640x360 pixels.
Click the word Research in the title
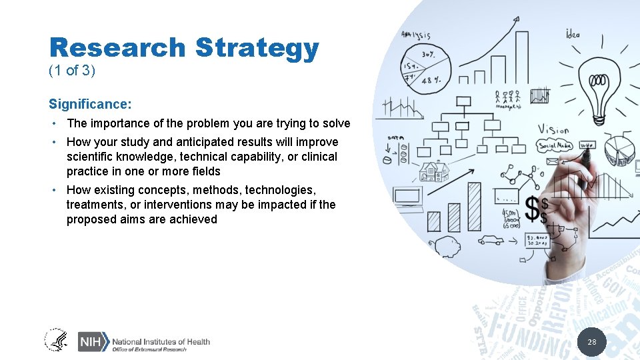(x=117, y=48)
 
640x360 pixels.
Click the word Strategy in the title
(x=257, y=49)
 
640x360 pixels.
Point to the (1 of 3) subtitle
(x=72, y=71)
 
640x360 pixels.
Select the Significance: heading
(x=90, y=104)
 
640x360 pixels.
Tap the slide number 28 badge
(x=591, y=343)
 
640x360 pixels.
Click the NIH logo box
(x=91, y=341)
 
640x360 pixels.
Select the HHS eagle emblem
(x=56, y=341)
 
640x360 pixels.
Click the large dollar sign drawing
(x=536, y=209)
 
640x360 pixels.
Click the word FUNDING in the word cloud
(x=527, y=329)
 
